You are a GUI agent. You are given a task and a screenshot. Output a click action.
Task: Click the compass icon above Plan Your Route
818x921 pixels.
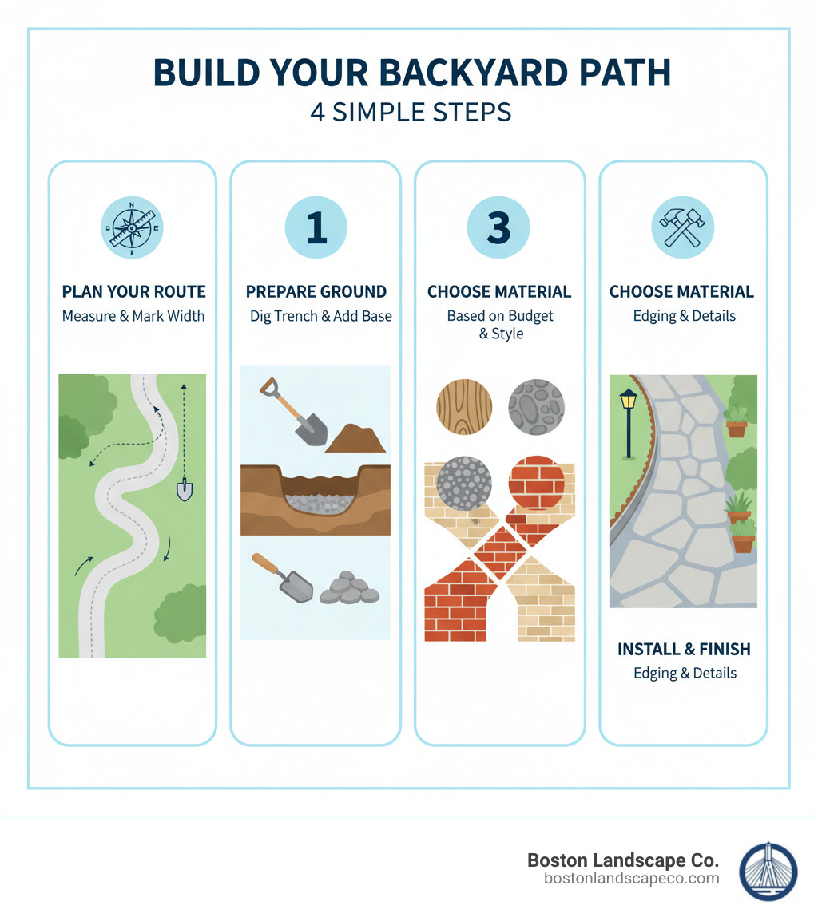click(x=132, y=227)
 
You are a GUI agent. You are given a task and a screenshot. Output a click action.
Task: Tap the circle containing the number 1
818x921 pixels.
click(x=316, y=227)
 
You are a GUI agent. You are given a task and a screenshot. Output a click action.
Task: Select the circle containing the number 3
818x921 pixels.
click(x=498, y=227)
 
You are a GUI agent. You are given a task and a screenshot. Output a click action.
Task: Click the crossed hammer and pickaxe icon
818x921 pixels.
click(x=682, y=227)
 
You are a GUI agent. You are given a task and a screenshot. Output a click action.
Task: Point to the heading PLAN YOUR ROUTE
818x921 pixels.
click(x=133, y=291)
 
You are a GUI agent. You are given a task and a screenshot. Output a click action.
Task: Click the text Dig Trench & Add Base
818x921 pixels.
click(x=320, y=316)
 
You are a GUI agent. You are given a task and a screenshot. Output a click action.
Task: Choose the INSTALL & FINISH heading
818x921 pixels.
click(x=684, y=649)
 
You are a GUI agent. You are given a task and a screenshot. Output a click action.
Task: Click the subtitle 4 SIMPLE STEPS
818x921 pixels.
click(x=411, y=112)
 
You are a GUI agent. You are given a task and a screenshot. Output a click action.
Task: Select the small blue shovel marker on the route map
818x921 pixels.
click(x=185, y=488)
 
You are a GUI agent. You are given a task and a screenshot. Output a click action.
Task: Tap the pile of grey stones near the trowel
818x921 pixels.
click(x=349, y=588)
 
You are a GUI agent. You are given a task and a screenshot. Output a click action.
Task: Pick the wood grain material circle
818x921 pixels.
click(x=464, y=406)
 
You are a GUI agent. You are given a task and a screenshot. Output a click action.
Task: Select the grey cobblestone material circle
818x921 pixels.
click(x=537, y=406)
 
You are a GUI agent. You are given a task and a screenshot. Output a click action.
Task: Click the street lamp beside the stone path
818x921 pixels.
click(x=629, y=419)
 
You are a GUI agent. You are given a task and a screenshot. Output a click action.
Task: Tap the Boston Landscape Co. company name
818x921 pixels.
click(x=622, y=860)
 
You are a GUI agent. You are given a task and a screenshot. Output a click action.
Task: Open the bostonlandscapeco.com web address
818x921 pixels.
click(x=631, y=879)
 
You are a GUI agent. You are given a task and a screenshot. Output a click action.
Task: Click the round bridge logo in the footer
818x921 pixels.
click(x=768, y=871)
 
